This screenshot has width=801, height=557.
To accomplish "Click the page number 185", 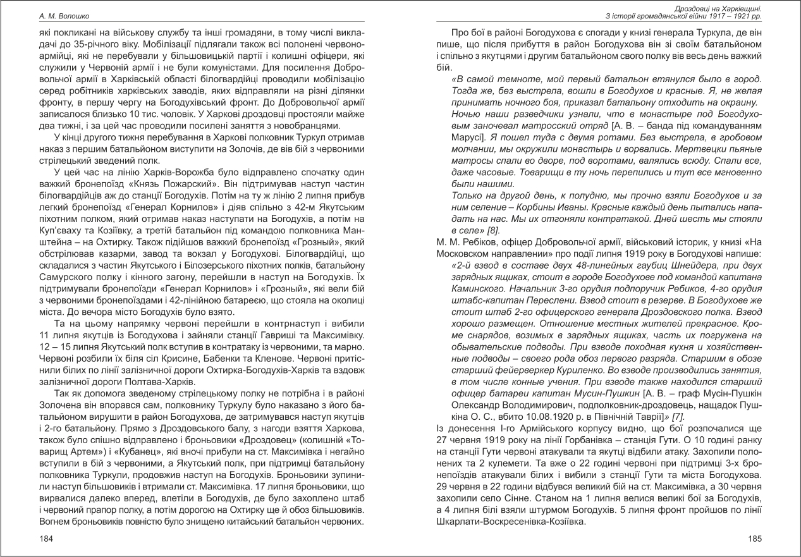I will (755, 539).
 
